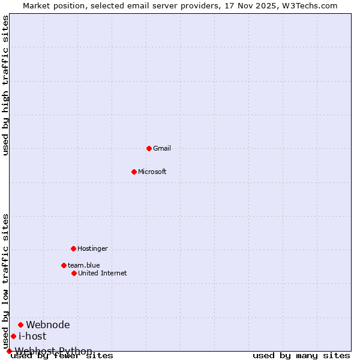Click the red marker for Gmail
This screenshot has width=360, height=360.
[x=149, y=148]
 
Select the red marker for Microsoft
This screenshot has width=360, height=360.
[x=134, y=172]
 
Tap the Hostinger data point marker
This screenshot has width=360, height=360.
[x=73, y=248]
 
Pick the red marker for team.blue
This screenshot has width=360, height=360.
[x=64, y=265]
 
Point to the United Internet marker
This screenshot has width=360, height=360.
[x=74, y=273]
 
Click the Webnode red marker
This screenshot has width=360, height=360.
[x=20, y=325]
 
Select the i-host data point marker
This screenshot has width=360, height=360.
[x=13, y=336]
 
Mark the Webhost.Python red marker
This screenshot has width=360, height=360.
[x=9, y=351]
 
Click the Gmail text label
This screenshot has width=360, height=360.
[x=162, y=148]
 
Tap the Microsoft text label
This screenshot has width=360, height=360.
[x=152, y=172]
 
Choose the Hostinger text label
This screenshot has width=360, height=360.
[x=92, y=248]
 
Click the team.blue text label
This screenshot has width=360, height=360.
[x=84, y=265]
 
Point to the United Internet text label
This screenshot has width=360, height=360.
[x=103, y=273]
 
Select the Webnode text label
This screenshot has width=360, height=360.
[x=48, y=325]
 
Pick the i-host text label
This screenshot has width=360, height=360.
[x=32, y=336]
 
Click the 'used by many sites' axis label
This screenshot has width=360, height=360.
[x=301, y=356]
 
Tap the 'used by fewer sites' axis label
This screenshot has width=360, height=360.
[x=62, y=356]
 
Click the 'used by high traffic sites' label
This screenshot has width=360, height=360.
[x=6, y=86]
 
